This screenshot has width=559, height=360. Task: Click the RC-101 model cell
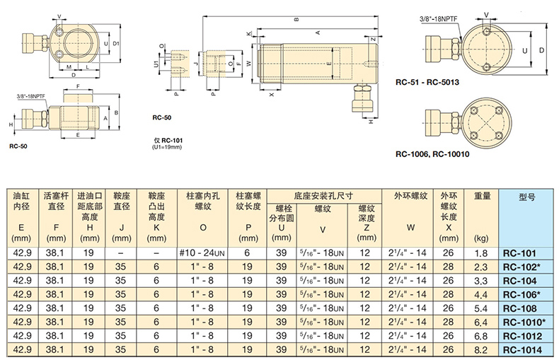pos(519,253)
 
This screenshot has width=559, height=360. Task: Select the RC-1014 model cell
pos(522,350)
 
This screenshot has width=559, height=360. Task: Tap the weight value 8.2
pos(480,350)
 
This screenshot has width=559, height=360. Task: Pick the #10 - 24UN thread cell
pos(202,253)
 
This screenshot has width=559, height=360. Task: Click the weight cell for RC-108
pos(480,308)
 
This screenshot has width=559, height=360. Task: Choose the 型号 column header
pos(527,197)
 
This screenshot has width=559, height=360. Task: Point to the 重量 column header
pos(482,196)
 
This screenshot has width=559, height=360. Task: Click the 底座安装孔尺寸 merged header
pos(323,196)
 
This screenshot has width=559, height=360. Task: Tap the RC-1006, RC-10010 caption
pos(432,154)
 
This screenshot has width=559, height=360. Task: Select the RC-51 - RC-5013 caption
pos(427,82)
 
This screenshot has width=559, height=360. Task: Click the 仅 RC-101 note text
pos(168,141)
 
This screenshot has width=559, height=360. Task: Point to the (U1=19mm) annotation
pos(167,147)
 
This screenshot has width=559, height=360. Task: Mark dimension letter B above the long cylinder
pos(296,20)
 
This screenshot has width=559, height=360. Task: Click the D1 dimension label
pos(116,43)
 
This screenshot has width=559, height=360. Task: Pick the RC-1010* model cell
pos(524,323)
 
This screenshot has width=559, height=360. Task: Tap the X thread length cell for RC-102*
pos(448,267)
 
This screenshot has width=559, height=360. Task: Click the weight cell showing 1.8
pos(480,253)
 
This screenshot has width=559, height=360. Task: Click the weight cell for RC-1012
pos(480,336)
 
